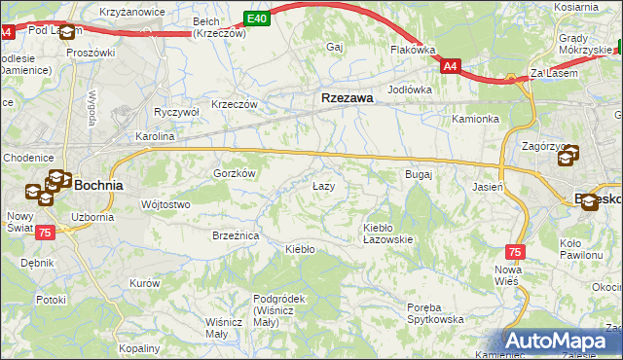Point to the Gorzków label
coord(234,173)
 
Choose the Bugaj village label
coord(418,174)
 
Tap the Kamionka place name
coord(475,119)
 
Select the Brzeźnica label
coord(236,235)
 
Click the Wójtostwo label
coord(165,204)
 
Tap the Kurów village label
coord(144,283)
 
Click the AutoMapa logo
coord(563,342)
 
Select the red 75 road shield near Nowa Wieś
coord(515,251)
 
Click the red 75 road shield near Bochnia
coord(44,233)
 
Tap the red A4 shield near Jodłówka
coord(449,66)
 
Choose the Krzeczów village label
coord(235,104)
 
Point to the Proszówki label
coord(91,52)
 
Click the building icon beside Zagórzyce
coord(569,153)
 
